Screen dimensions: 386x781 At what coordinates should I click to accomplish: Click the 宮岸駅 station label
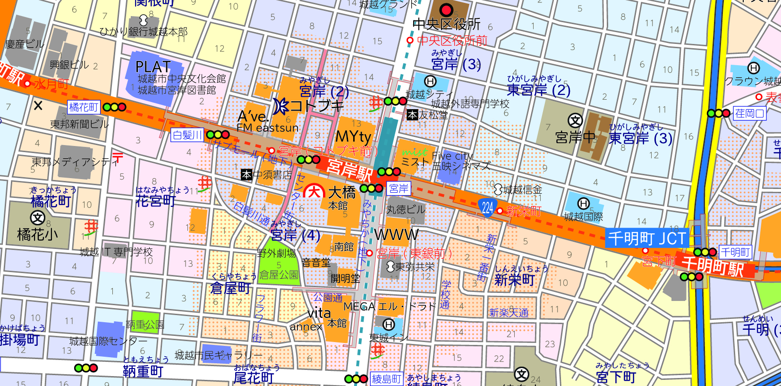click(x=349, y=171)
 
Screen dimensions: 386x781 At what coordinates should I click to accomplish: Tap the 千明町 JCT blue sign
click(x=646, y=238)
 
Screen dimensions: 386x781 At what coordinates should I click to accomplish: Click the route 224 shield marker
click(x=487, y=207)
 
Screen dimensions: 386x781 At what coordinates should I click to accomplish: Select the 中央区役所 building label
click(x=446, y=24)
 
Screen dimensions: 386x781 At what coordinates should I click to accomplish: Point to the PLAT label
click(x=153, y=67)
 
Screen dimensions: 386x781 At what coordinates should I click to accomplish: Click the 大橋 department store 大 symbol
click(x=314, y=192)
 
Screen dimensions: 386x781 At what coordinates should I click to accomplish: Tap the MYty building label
click(x=353, y=137)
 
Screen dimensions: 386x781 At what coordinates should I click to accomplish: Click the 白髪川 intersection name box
click(x=187, y=135)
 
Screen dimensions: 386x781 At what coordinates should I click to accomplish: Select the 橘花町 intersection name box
click(x=84, y=107)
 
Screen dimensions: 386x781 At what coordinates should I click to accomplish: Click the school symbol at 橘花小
click(x=37, y=218)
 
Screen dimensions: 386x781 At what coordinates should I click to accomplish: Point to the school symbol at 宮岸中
click(x=575, y=120)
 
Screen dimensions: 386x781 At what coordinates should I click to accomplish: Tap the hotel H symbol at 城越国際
click(x=583, y=204)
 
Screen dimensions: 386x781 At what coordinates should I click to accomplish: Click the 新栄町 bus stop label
click(x=523, y=211)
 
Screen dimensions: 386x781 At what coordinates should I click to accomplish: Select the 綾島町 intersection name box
click(x=386, y=379)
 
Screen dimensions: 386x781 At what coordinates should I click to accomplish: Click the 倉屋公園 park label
click(x=279, y=274)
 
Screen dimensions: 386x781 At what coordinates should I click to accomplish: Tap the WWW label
click(x=397, y=235)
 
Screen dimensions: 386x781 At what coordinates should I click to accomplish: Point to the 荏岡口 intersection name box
click(x=749, y=113)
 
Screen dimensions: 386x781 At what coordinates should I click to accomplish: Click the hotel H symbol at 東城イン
click(x=389, y=325)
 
